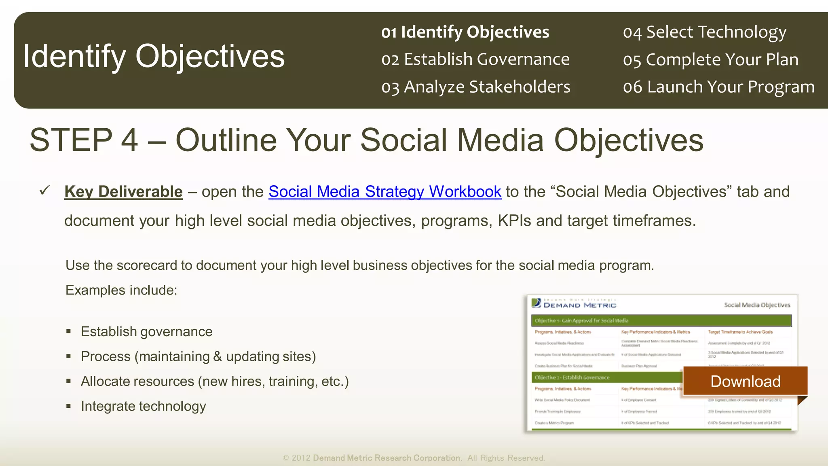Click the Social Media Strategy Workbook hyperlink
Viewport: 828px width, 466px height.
pyautogui.click(x=384, y=192)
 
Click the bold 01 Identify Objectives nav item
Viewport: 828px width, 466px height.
pyautogui.click(x=465, y=32)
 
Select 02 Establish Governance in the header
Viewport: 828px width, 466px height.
pyautogui.click(x=475, y=59)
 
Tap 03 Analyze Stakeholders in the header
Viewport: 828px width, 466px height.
pyautogui.click(x=475, y=87)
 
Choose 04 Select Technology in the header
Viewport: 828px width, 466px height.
pyautogui.click(x=704, y=32)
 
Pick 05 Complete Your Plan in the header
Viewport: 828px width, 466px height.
pyautogui.click(x=710, y=59)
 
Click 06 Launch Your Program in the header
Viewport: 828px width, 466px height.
pyautogui.click(x=718, y=87)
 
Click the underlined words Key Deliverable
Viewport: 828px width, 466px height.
pyautogui.click(x=123, y=192)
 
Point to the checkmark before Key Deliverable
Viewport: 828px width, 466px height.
pyautogui.click(x=45, y=190)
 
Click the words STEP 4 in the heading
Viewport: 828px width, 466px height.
pyautogui.click(x=84, y=140)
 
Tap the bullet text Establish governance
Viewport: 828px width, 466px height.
pyautogui.click(x=146, y=332)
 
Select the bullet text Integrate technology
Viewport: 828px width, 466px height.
pyautogui.click(x=143, y=406)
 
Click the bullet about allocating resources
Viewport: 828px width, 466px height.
pyautogui.click(x=214, y=381)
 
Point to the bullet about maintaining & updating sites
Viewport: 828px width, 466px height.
pyautogui.click(x=198, y=356)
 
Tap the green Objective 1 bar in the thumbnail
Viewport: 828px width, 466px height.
pyautogui.click(x=661, y=320)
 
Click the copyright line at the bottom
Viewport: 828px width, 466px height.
pyautogui.click(x=414, y=458)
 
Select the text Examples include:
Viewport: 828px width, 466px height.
pyautogui.click(x=121, y=290)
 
